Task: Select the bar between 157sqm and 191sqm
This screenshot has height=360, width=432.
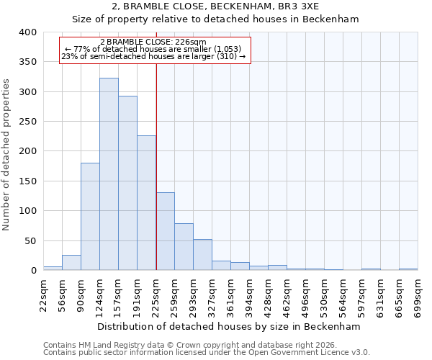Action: (127, 184)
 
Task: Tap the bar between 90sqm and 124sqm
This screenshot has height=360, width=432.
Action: (90, 217)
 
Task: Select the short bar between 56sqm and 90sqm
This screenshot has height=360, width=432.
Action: (71, 263)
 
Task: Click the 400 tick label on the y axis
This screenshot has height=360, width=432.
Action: (28, 32)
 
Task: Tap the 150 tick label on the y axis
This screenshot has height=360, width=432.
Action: (28, 181)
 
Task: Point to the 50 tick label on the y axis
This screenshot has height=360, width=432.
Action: (31, 240)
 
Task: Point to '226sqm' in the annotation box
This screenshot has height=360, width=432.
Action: (192, 42)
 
